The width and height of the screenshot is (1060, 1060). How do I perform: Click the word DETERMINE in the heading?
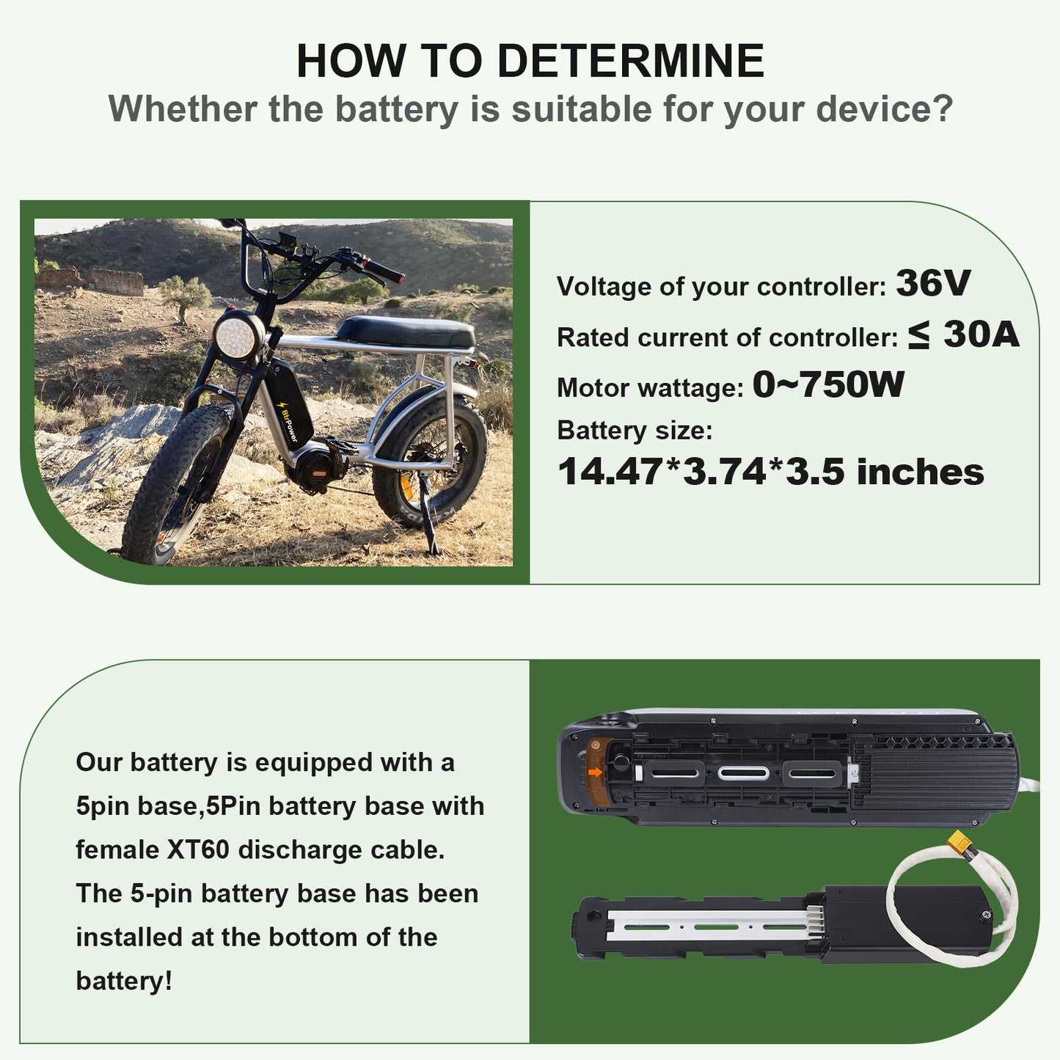[x=630, y=60]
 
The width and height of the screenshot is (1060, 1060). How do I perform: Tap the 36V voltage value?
[x=933, y=283]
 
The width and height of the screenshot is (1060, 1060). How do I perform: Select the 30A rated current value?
[x=982, y=334]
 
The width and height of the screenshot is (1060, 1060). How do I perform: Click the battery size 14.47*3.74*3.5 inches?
[x=771, y=472]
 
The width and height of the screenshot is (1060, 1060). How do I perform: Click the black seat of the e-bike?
[x=406, y=331]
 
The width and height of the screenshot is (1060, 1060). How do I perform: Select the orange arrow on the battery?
[x=595, y=772]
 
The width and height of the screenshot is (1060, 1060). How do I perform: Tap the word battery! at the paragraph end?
[x=124, y=981]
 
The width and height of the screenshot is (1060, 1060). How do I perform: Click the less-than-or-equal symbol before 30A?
[x=918, y=335]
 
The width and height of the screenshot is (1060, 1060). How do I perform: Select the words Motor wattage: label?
[x=650, y=388]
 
